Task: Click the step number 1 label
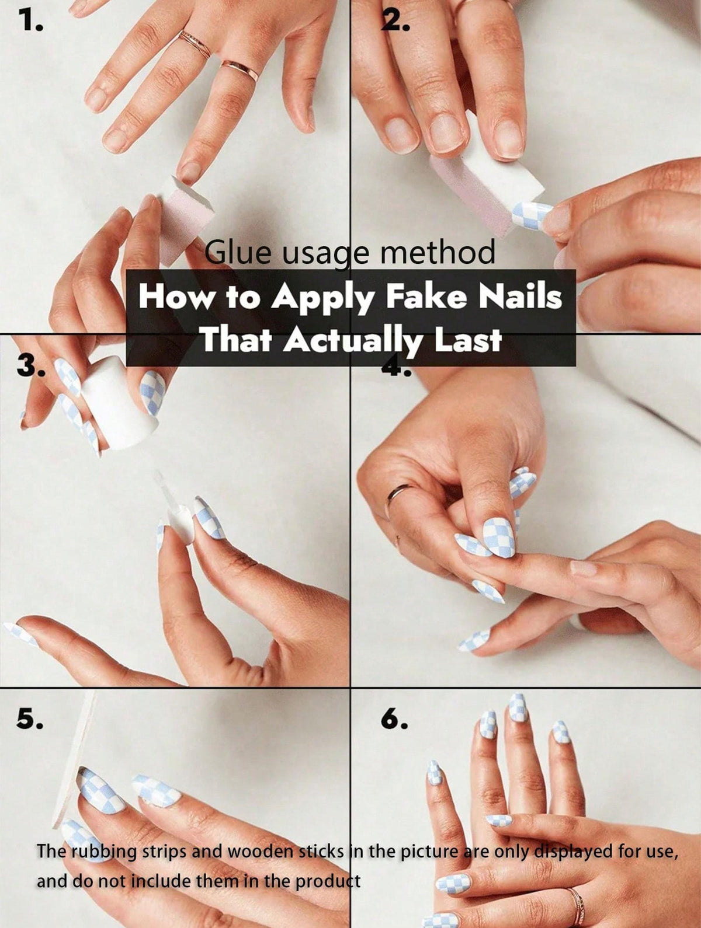point(30,20)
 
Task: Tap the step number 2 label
point(395,21)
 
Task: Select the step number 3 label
point(30,364)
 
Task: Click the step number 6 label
point(394,718)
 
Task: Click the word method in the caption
point(438,252)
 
